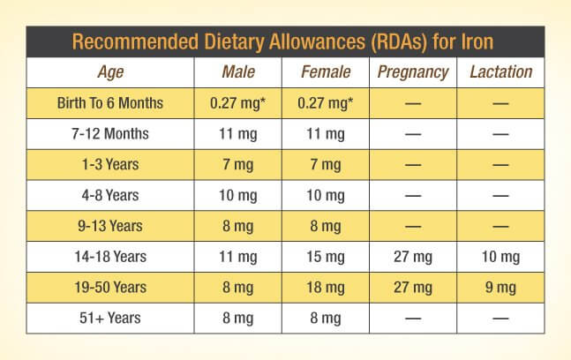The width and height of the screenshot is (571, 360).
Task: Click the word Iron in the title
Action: tap(477, 41)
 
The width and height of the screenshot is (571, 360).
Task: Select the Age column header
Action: tap(110, 72)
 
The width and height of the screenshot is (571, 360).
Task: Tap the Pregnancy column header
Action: tap(413, 72)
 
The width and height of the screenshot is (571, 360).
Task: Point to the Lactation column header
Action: tap(501, 71)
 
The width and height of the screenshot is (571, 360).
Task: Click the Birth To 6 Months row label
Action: tap(110, 103)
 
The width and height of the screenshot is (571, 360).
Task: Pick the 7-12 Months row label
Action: tap(110, 133)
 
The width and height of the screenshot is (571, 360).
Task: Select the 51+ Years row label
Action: tap(110, 318)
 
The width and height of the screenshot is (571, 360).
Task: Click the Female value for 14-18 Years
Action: tap(325, 257)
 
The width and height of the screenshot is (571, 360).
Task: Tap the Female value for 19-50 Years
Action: tap(325, 288)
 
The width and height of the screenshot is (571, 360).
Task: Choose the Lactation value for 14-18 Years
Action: tap(500, 257)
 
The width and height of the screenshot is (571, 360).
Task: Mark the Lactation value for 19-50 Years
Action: tap(500, 288)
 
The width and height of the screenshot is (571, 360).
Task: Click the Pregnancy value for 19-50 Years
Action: tap(413, 288)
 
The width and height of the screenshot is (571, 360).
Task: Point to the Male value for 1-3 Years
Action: tap(237, 165)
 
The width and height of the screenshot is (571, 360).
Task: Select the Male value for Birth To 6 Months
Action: tap(237, 103)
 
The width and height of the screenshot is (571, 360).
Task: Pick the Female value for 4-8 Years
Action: tap(325, 196)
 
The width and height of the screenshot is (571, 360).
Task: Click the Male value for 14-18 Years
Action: tap(237, 257)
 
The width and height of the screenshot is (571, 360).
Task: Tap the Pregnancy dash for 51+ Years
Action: tap(413, 319)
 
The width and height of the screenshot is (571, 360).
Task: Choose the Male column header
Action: tap(238, 71)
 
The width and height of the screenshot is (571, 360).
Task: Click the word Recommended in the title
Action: tap(135, 41)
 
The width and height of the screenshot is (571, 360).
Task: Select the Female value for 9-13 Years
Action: tap(325, 227)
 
